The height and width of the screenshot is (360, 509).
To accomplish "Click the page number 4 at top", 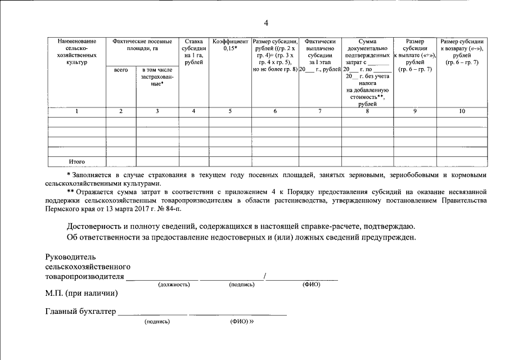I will (x=266, y=22).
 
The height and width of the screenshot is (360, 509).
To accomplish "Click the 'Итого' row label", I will (x=77, y=161).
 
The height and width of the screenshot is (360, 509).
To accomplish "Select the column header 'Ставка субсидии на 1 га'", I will (x=193, y=52).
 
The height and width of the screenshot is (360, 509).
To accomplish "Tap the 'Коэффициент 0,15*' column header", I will (x=230, y=45).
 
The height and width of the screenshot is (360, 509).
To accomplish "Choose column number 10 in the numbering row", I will (x=462, y=111).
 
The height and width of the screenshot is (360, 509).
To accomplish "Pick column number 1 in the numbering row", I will (x=77, y=111).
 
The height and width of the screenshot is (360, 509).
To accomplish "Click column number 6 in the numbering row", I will (x=275, y=111).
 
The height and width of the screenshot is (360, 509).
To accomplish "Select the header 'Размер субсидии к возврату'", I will (x=462, y=52).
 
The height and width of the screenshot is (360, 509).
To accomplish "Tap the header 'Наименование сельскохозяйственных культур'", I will (x=77, y=52).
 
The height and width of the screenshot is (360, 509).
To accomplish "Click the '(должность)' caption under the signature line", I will (x=174, y=285).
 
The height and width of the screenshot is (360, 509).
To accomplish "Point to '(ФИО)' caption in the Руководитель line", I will (x=311, y=285).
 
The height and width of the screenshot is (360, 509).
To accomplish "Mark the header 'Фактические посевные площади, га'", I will (x=142, y=45).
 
